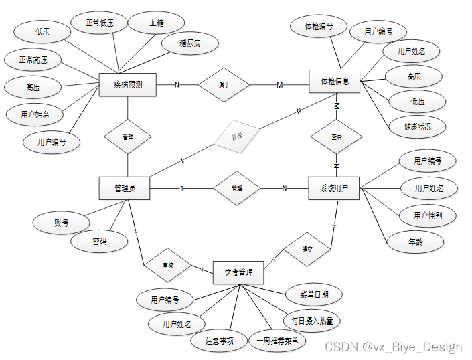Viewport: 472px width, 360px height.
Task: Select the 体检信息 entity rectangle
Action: (x=335, y=82)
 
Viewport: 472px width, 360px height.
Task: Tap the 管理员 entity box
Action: (x=125, y=188)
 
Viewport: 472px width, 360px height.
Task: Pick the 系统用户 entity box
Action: (x=334, y=188)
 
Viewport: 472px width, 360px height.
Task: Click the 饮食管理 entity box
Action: (x=238, y=272)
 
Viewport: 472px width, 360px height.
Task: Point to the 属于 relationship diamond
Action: (x=224, y=84)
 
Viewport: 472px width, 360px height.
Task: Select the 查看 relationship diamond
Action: (x=336, y=136)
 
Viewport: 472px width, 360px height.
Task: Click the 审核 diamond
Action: (x=169, y=265)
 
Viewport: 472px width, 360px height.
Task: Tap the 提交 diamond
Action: (x=307, y=249)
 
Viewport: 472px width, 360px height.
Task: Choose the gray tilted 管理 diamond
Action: (x=236, y=137)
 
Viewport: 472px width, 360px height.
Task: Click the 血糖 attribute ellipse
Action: (x=157, y=22)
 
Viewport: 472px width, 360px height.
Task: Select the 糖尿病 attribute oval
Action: (x=190, y=44)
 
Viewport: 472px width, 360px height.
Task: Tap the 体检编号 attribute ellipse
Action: (x=319, y=27)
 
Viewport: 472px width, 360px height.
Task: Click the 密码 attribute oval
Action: (x=99, y=241)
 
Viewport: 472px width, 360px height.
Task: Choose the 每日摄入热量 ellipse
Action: (x=311, y=321)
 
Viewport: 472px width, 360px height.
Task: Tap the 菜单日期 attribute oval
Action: (x=314, y=294)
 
